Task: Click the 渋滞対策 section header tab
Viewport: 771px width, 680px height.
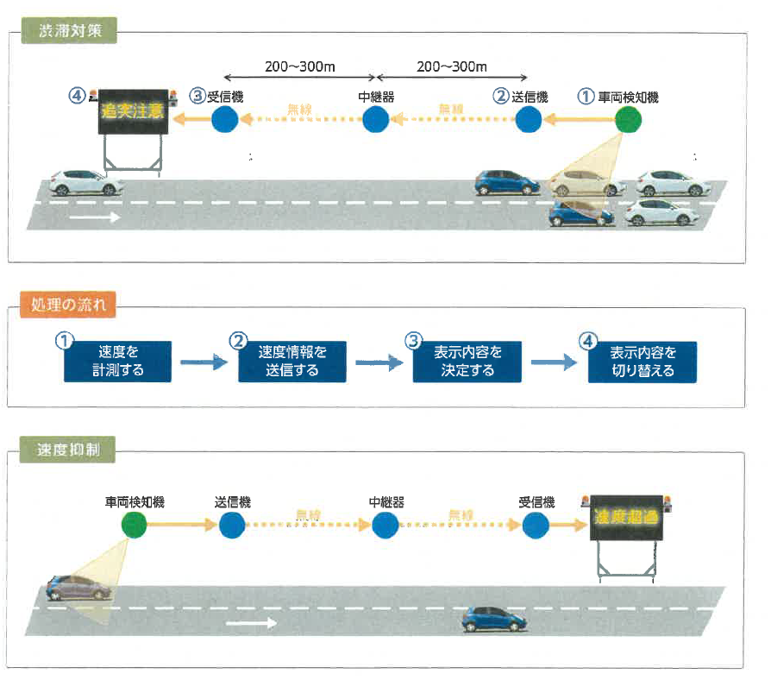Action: (69, 30)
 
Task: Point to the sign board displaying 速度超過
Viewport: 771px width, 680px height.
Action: (627, 518)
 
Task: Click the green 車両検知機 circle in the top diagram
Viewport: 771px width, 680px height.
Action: (629, 120)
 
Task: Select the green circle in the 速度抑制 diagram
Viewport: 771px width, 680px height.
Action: (135, 524)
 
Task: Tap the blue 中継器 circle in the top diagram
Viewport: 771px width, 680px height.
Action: (375, 120)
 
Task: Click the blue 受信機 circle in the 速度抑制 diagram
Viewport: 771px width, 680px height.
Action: (536, 524)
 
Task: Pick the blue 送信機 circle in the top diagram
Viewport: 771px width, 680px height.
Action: (528, 120)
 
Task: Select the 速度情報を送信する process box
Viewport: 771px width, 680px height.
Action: (292, 362)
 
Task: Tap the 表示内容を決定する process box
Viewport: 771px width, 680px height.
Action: (466, 362)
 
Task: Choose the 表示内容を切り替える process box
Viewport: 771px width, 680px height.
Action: (642, 362)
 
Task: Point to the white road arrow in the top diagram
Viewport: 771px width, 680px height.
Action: (94, 217)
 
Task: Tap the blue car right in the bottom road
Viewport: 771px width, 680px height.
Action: (493, 618)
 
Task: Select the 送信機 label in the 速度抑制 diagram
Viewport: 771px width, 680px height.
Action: (232, 501)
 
